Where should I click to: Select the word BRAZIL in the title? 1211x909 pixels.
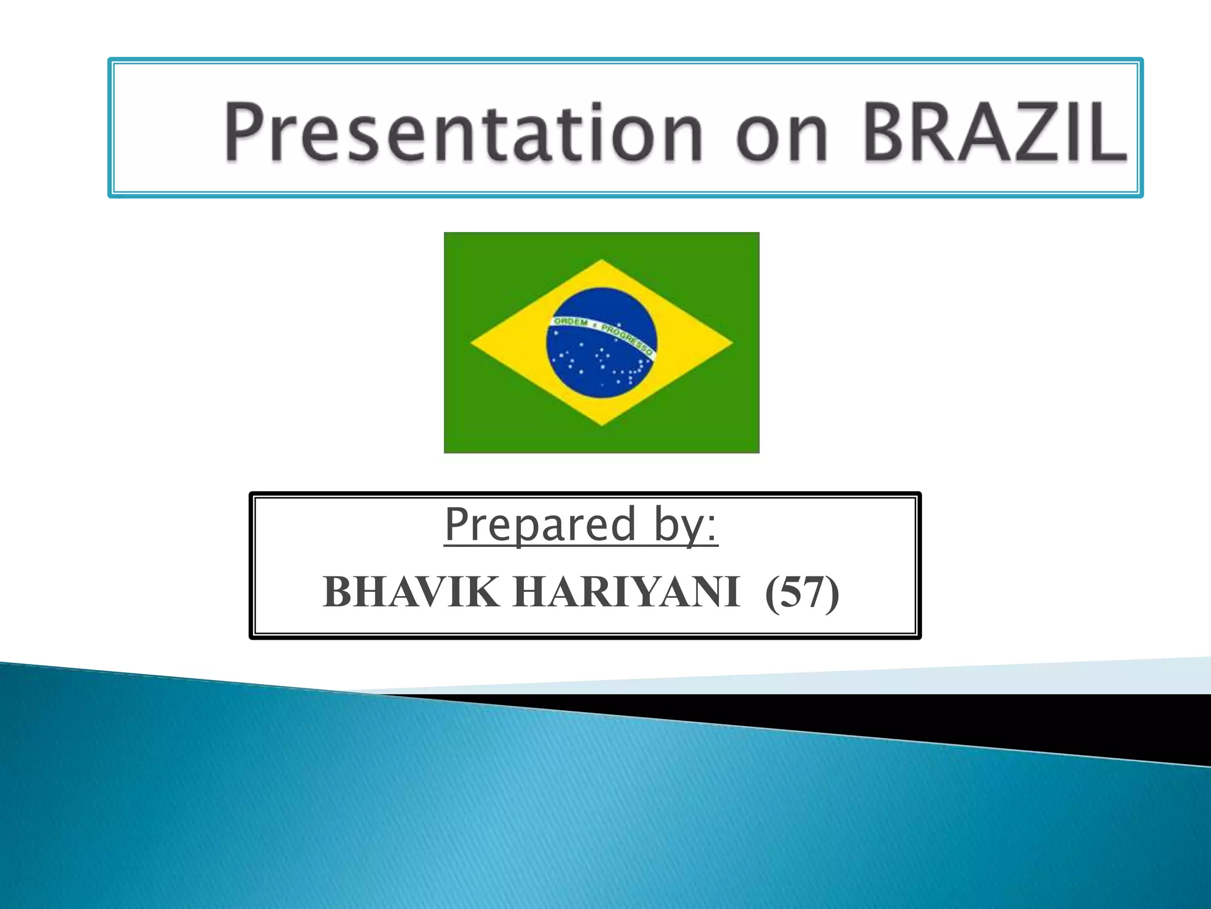pos(996,131)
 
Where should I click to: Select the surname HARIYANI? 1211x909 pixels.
pos(626,593)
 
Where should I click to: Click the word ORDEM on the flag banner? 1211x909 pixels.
pos(571,323)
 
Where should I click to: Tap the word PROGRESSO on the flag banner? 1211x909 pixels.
pos(630,339)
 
